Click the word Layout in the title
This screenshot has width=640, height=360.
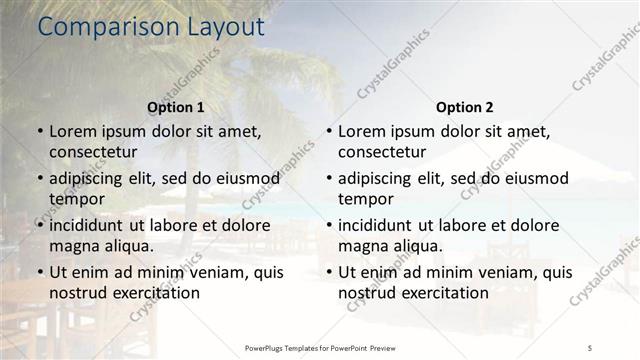tap(222, 28)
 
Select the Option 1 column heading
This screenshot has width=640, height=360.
tap(176, 107)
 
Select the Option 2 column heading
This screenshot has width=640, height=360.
tap(465, 107)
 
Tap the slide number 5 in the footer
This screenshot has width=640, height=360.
tap(590, 347)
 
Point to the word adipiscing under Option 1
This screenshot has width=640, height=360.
tap(93, 178)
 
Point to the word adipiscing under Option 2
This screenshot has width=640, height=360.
tap(382, 178)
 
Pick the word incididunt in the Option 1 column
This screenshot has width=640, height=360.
tap(92, 225)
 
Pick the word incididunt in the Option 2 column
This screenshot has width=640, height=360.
tap(381, 225)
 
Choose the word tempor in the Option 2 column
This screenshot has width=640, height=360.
tap(366, 199)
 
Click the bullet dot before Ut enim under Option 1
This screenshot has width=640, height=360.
tap(39, 272)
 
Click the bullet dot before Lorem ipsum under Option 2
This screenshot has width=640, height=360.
tap(328, 131)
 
